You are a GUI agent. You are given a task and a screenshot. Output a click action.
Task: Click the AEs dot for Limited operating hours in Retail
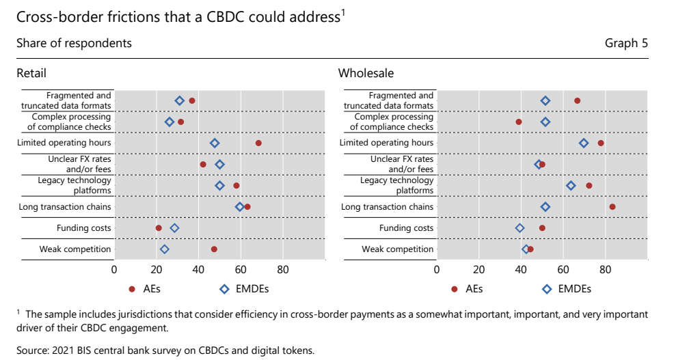coord(258,143)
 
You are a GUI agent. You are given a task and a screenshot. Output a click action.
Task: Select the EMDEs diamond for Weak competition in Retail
coord(164,249)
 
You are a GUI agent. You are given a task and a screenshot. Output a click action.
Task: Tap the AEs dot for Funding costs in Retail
coord(159,228)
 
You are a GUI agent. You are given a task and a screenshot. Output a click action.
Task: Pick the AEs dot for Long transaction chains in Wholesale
coord(612,207)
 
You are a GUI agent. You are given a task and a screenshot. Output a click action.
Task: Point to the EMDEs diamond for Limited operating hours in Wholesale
coord(584,143)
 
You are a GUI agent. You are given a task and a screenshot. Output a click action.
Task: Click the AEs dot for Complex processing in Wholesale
coord(519,122)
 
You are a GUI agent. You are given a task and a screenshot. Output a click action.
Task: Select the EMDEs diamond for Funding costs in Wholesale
coord(520,228)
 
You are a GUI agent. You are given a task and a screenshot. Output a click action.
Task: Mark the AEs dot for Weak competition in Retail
coord(214,249)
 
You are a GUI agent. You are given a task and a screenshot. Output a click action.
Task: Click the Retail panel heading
coord(31,73)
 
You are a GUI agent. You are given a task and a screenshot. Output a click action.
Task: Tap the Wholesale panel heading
coord(366,73)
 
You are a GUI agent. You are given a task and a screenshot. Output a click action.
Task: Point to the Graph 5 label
coord(626,43)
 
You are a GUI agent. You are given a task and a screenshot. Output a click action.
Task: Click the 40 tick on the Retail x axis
coord(198,269)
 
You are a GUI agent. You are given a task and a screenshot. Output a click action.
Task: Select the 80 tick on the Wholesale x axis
coord(605,269)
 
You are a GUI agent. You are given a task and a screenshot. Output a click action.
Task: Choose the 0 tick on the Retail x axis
coord(114,269)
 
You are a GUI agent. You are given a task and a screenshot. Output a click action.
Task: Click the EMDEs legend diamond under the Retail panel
coord(224,289)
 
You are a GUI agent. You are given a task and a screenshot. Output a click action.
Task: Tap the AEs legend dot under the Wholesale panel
coord(455,289)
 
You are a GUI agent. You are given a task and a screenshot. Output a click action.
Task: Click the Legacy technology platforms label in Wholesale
coord(396,185)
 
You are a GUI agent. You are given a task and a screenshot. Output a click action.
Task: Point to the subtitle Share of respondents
coord(74,43)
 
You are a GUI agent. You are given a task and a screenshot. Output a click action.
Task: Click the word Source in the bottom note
coord(32,350)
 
